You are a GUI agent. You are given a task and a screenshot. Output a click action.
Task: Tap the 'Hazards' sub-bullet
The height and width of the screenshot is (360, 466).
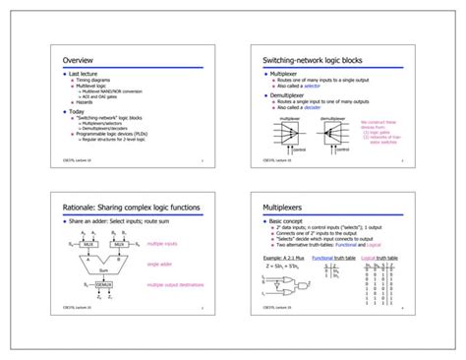pyautogui.click(x=85, y=102)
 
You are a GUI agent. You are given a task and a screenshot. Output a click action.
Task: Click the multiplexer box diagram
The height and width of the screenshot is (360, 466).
pyautogui.click(x=290, y=133)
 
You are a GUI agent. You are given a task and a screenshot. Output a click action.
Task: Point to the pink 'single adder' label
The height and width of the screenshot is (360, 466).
pyautogui.click(x=160, y=264)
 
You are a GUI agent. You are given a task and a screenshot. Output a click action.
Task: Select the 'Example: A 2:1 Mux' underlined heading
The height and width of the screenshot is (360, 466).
pyautogui.click(x=284, y=257)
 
